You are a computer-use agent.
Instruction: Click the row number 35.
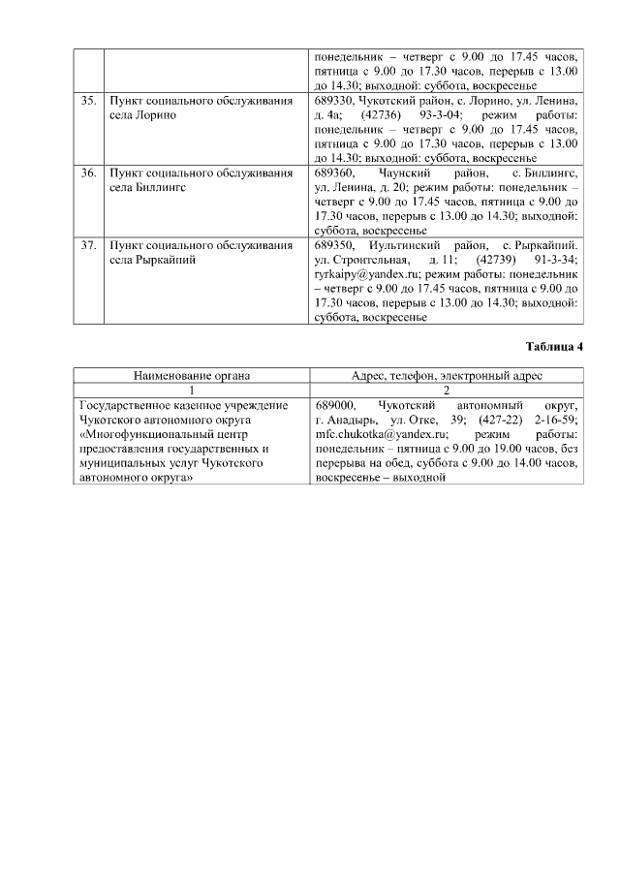click(88, 101)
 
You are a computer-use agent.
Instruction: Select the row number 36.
click(88, 173)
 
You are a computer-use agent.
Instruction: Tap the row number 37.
click(88, 246)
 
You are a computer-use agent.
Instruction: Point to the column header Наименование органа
click(192, 375)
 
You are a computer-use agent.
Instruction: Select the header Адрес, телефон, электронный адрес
click(447, 375)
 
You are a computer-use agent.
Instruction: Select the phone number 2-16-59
click(554, 420)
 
